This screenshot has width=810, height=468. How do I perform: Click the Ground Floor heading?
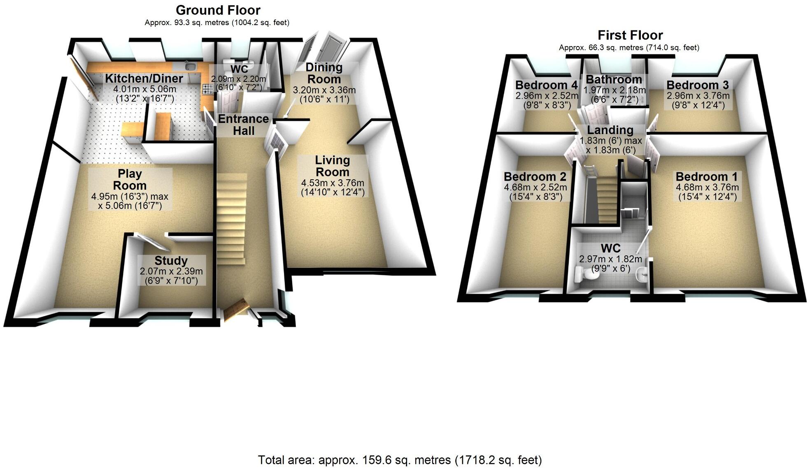pos(218,10)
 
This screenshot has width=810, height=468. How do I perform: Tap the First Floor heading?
pos(630,35)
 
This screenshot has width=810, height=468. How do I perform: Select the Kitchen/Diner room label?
pos(144,78)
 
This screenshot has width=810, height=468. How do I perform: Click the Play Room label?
pos(130,179)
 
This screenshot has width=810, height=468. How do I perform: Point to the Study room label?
pos(171,261)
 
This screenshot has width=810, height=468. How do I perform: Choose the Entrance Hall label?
pos(243,125)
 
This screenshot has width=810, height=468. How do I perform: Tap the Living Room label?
pos(332,166)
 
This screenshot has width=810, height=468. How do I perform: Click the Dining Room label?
pos(324,73)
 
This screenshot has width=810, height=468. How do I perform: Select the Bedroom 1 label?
pos(706,177)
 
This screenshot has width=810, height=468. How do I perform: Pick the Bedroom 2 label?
pos(535,177)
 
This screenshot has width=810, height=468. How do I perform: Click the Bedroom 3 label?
pos(698,85)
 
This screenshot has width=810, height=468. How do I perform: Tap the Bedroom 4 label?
pos(547,85)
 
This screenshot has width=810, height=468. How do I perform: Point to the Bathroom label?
pos(614,79)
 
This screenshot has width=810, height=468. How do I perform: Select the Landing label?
pos(610,130)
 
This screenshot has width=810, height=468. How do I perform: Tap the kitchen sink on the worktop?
pos(190,66)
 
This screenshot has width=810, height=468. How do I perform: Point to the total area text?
pos(400,460)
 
